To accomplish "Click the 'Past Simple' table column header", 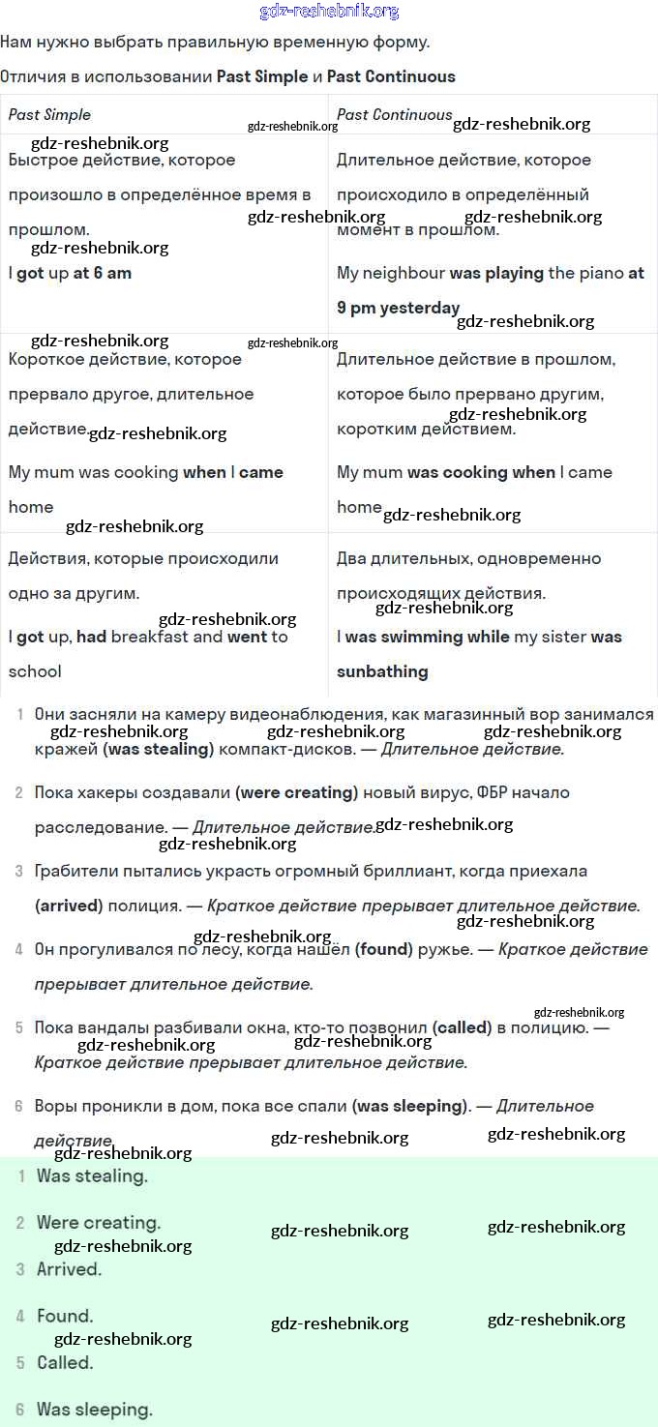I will click(49, 114).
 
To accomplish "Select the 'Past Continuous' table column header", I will click(394, 114).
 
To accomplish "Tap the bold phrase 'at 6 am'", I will click(102, 273).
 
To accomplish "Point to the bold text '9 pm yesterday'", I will click(398, 308).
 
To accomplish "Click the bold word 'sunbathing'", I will click(382, 671).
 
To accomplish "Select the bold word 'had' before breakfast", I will click(91, 637).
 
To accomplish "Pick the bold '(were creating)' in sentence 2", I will click(296, 792).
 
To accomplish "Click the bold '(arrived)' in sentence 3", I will click(69, 906).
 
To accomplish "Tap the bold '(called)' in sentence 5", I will click(462, 1027).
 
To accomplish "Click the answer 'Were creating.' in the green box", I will click(99, 1223).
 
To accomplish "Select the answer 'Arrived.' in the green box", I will click(69, 1269).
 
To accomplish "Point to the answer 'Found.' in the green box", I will click(65, 1316).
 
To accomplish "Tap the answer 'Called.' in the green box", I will click(65, 1362).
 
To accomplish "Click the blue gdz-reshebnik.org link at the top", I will click(329, 12).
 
